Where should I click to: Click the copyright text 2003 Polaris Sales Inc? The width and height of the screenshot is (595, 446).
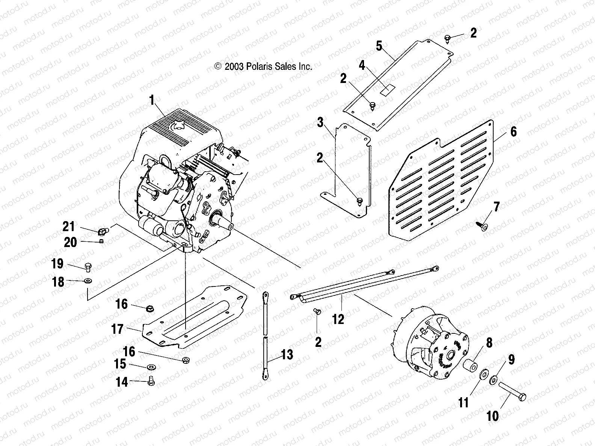pos(263,67)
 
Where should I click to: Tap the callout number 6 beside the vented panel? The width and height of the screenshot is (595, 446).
pos(513,132)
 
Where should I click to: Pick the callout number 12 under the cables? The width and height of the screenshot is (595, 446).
pos(338,319)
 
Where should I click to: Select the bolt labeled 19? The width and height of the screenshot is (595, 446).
pos(89,267)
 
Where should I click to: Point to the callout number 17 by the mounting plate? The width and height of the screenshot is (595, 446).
pos(118,329)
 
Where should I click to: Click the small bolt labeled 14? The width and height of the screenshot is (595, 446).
pos(152,381)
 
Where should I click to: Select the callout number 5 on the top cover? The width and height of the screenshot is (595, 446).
pos(379,46)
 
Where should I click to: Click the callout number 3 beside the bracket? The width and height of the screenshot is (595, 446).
pos(320,122)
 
